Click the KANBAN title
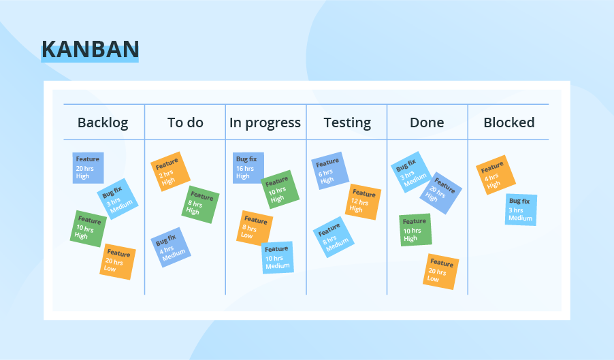click(90, 49)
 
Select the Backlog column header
click(102, 122)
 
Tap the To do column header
click(185, 122)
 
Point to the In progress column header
click(265, 122)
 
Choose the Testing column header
click(347, 122)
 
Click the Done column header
click(427, 122)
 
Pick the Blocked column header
click(508, 122)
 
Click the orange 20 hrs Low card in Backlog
click(118, 261)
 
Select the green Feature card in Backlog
click(88, 228)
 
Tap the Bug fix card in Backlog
click(117, 199)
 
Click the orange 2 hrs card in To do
click(169, 171)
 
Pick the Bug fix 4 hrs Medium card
click(170, 247)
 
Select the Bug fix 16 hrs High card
click(248, 167)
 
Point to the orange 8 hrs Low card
click(255, 227)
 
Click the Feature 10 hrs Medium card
click(277, 257)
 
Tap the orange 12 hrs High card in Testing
click(363, 201)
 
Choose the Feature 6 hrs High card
click(330, 171)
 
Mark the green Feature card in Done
click(415, 229)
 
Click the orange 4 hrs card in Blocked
click(495, 175)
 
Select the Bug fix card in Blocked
click(521, 210)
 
